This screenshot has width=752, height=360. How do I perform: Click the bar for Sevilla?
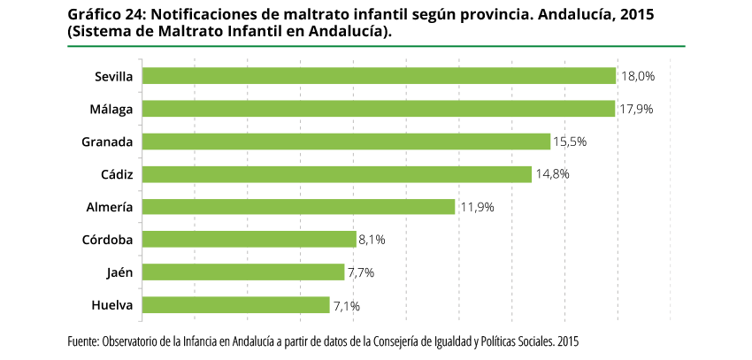point(379,76)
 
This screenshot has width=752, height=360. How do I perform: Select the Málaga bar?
point(378,109)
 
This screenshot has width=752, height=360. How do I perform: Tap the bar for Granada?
point(346,142)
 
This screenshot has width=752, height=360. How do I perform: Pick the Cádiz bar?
point(336,174)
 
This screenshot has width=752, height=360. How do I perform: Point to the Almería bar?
point(298,207)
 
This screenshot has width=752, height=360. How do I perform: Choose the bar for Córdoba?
point(249,240)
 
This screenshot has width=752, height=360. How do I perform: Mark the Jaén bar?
point(242,272)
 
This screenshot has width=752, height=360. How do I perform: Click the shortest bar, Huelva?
point(235,305)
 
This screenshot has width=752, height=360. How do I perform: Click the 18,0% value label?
point(638,77)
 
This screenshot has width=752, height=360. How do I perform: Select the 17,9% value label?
point(636,110)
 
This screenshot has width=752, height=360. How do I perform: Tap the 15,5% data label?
point(570,142)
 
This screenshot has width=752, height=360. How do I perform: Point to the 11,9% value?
point(476,207)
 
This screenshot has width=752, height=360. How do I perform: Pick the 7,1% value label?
point(346,306)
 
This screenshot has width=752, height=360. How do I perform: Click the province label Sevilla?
point(113,77)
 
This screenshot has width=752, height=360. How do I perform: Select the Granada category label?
point(107,142)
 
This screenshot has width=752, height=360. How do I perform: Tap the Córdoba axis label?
point(107,240)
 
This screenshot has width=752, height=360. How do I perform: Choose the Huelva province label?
point(111,305)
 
